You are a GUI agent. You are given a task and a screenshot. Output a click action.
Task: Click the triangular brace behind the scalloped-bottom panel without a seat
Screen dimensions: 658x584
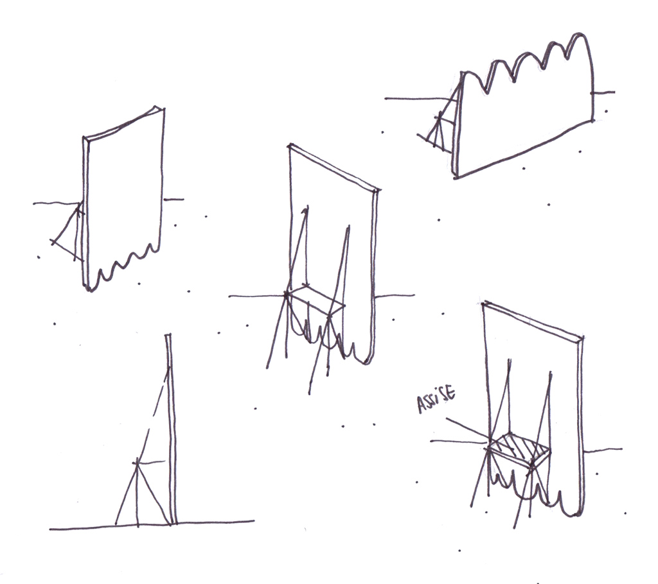[67, 233]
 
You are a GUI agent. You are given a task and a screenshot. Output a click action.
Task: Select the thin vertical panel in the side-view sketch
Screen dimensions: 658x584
[171, 429]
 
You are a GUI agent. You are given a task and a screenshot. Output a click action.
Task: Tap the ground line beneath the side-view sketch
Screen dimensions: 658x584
[152, 524]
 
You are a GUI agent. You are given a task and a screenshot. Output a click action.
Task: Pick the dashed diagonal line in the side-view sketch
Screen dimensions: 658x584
[153, 415]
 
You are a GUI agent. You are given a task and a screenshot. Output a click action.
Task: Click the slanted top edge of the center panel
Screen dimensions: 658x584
[334, 167]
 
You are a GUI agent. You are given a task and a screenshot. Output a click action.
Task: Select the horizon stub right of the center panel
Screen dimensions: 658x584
[395, 296]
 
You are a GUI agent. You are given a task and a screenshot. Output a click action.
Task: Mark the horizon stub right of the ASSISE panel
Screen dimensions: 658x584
[603, 451]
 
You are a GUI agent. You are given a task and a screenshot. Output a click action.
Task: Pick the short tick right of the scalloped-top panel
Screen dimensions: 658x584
[603, 92]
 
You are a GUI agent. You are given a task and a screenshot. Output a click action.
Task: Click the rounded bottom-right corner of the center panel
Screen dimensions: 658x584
[368, 360]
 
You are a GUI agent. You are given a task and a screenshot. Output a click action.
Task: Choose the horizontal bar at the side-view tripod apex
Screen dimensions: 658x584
[150, 463]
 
